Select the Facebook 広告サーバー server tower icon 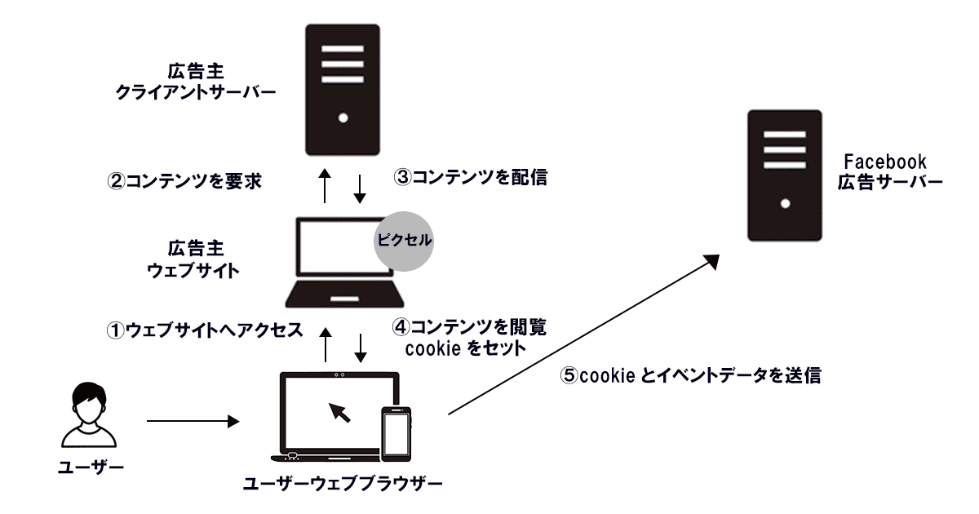point(784,175)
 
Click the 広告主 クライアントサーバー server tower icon point(342,90)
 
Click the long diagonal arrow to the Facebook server point(583,336)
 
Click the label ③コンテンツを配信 point(469,177)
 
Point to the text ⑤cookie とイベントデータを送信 point(690,376)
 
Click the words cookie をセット point(465,347)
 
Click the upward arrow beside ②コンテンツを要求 point(325,187)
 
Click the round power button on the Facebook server point(784,202)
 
